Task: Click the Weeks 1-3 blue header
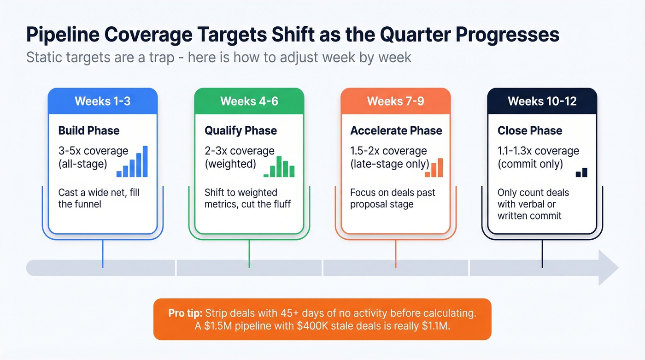point(103,101)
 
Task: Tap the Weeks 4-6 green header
point(249,101)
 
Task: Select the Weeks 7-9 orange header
point(396,101)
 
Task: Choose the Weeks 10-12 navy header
point(542,101)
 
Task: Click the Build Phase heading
point(89,130)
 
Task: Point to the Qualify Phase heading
point(241,130)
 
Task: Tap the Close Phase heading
point(530,130)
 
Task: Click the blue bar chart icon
point(132,162)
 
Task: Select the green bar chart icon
point(279,167)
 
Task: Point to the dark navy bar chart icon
point(581,172)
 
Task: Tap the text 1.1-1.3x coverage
point(538,151)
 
